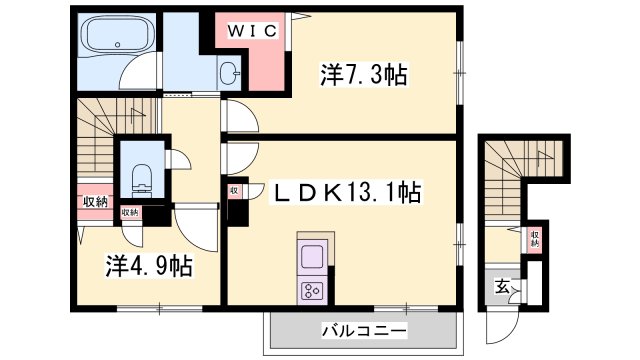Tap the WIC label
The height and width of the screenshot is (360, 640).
pos(253,30)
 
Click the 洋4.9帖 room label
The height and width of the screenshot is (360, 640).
pos(150,266)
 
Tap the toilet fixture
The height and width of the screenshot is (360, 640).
pos(140,178)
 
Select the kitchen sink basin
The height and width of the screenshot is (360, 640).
pos(310,255)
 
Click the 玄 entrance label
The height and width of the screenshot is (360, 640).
pos(501,287)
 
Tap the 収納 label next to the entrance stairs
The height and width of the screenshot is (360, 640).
pos(534,239)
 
